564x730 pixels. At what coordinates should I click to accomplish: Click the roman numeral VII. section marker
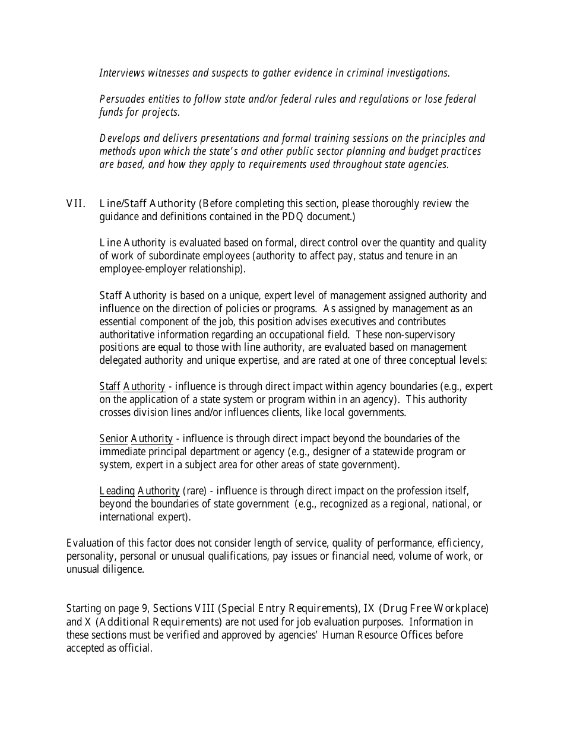pyautogui.click(x=75, y=204)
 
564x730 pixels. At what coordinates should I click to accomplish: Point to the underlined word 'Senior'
pyautogui.click(x=113, y=439)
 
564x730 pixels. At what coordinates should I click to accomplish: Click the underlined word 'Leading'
pyautogui.click(x=117, y=491)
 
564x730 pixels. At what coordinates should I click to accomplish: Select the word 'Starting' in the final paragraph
pyautogui.click(x=84, y=608)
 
